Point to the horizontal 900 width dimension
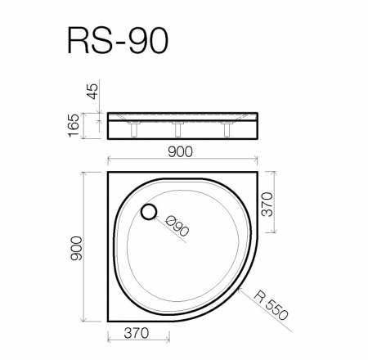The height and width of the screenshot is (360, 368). (182, 151)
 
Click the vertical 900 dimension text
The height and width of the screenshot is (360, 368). (77, 248)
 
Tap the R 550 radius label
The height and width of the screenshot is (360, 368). (271, 304)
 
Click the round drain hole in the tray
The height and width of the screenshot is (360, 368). (149, 213)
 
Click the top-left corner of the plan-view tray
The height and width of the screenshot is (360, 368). (108, 173)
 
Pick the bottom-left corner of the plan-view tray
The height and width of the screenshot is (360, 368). (108, 321)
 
